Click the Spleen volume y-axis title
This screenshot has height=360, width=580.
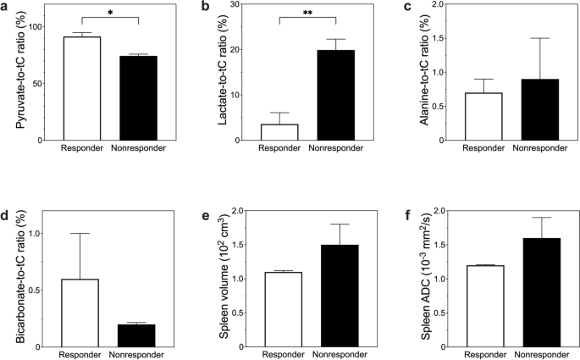(226, 280)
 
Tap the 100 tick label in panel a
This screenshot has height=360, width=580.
(35, 26)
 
